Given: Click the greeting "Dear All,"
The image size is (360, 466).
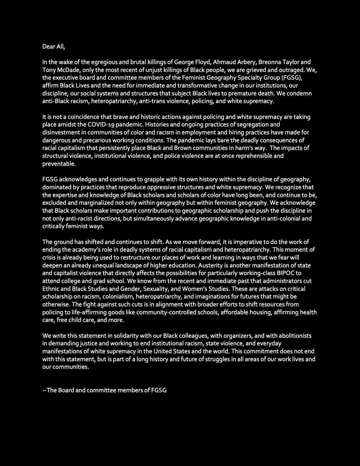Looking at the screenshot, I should tap(54, 47).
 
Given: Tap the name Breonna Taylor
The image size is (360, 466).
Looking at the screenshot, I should tap(277, 62).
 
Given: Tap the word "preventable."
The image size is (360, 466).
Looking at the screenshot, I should tap(59, 164).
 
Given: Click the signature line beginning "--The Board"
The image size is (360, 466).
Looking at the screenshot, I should tap(104, 390).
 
